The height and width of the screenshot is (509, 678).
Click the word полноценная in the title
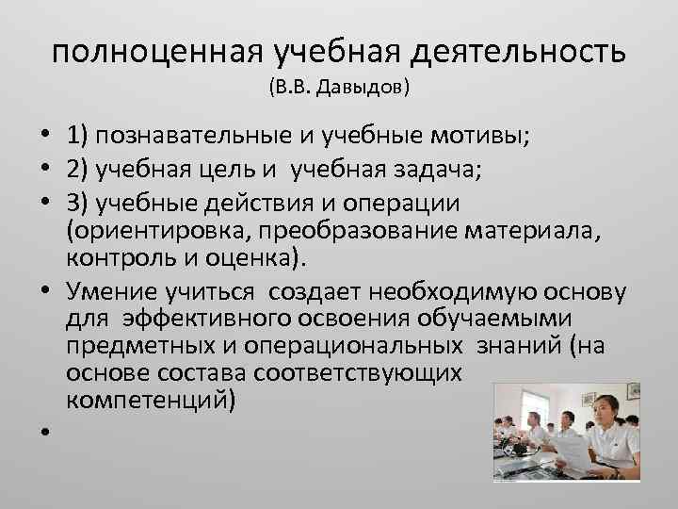[x=156, y=53]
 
